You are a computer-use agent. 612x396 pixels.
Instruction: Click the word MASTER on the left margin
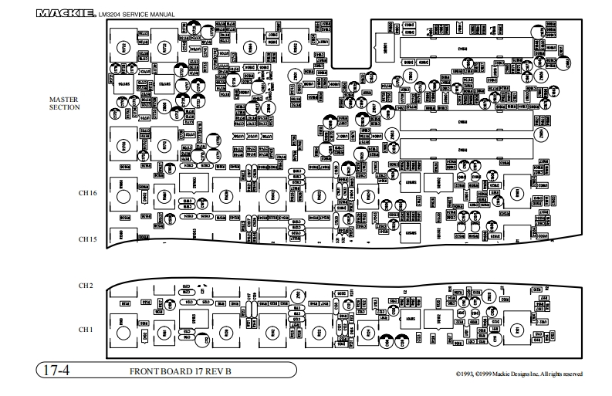[64, 100]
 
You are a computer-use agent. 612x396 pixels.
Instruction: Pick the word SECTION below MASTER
[64, 108]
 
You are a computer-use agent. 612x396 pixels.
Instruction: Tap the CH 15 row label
[86, 240]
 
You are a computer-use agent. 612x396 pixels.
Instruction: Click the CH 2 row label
[86, 286]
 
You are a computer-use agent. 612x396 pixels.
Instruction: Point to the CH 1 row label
[86, 330]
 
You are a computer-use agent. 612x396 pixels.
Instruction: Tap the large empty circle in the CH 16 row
[123, 195]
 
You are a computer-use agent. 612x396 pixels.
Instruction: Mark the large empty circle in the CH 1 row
[123, 331]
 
